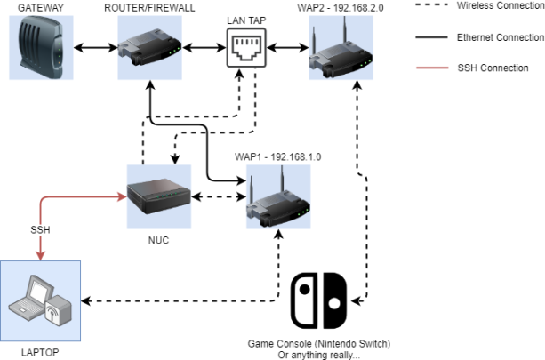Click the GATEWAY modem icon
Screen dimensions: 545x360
[41, 48]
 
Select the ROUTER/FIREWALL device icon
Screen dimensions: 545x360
[149, 48]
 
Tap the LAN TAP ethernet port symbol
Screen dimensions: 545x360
[246, 48]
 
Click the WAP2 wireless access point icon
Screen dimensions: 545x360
[341, 48]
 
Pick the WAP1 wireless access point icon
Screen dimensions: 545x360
[278, 196]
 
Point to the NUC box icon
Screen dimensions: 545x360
[159, 196]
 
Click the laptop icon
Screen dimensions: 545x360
[40, 301]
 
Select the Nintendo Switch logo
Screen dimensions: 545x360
[318, 301]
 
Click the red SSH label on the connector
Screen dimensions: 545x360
[40, 229]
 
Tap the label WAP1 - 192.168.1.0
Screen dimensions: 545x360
[277, 156]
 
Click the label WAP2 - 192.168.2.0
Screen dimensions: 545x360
[341, 8]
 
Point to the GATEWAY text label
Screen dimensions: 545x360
[41, 8]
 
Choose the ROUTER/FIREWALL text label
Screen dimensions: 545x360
[149, 8]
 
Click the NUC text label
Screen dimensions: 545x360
[159, 240]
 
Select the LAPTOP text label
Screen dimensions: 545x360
[40, 352]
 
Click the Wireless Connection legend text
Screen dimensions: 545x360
[501, 5]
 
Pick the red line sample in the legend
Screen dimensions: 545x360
[432, 68]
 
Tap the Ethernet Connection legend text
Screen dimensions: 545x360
[501, 37]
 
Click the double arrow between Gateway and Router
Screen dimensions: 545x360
[96, 48]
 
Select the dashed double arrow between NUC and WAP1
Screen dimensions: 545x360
[219, 196]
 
